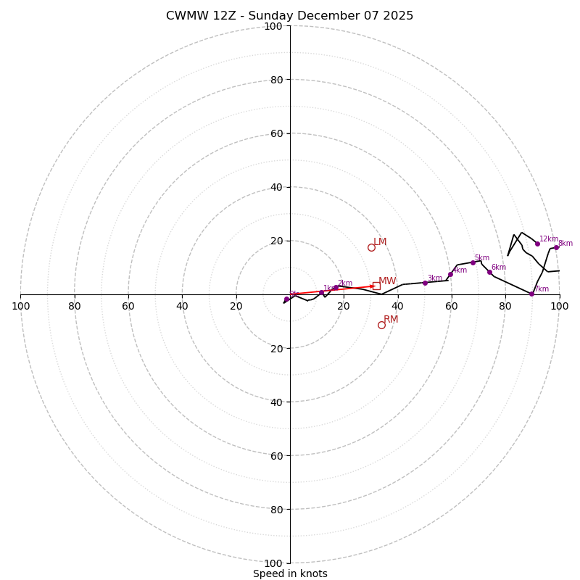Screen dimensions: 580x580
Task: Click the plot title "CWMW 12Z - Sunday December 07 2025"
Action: click(x=289, y=16)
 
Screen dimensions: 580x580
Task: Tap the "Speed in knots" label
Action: click(x=290, y=573)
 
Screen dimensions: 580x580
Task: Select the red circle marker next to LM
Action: click(x=371, y=247)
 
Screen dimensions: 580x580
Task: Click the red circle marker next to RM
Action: click(x=381, y=325)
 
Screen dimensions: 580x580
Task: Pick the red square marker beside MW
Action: click(x=376, y=286)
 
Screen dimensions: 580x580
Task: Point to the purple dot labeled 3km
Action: click(x=425, y=283)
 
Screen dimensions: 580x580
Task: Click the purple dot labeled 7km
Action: click(x=531, y=294)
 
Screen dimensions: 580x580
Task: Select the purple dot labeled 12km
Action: click(x=537, y=244)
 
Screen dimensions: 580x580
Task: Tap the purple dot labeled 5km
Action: click(x=473, y=262)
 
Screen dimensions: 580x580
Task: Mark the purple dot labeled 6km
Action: click(x=489, y=273)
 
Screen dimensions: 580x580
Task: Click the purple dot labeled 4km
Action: click(x=450, y=274)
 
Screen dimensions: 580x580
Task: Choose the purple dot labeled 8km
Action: click(x=556, y=247)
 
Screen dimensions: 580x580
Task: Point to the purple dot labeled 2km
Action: click(x=336, y=287)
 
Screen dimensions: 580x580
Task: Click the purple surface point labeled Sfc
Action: click(x=286, y=299)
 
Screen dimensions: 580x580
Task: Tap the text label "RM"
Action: click(x=391, y=320)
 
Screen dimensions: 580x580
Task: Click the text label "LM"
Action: click(x=380, y=242)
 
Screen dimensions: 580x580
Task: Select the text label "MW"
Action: click(x=387, y=281)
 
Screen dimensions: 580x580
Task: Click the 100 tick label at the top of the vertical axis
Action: click(x=273, y=26)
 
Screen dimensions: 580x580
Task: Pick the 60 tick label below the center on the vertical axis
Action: click(x=275, y=455)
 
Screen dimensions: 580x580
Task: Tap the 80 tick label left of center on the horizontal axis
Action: click(x=75, y=306)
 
